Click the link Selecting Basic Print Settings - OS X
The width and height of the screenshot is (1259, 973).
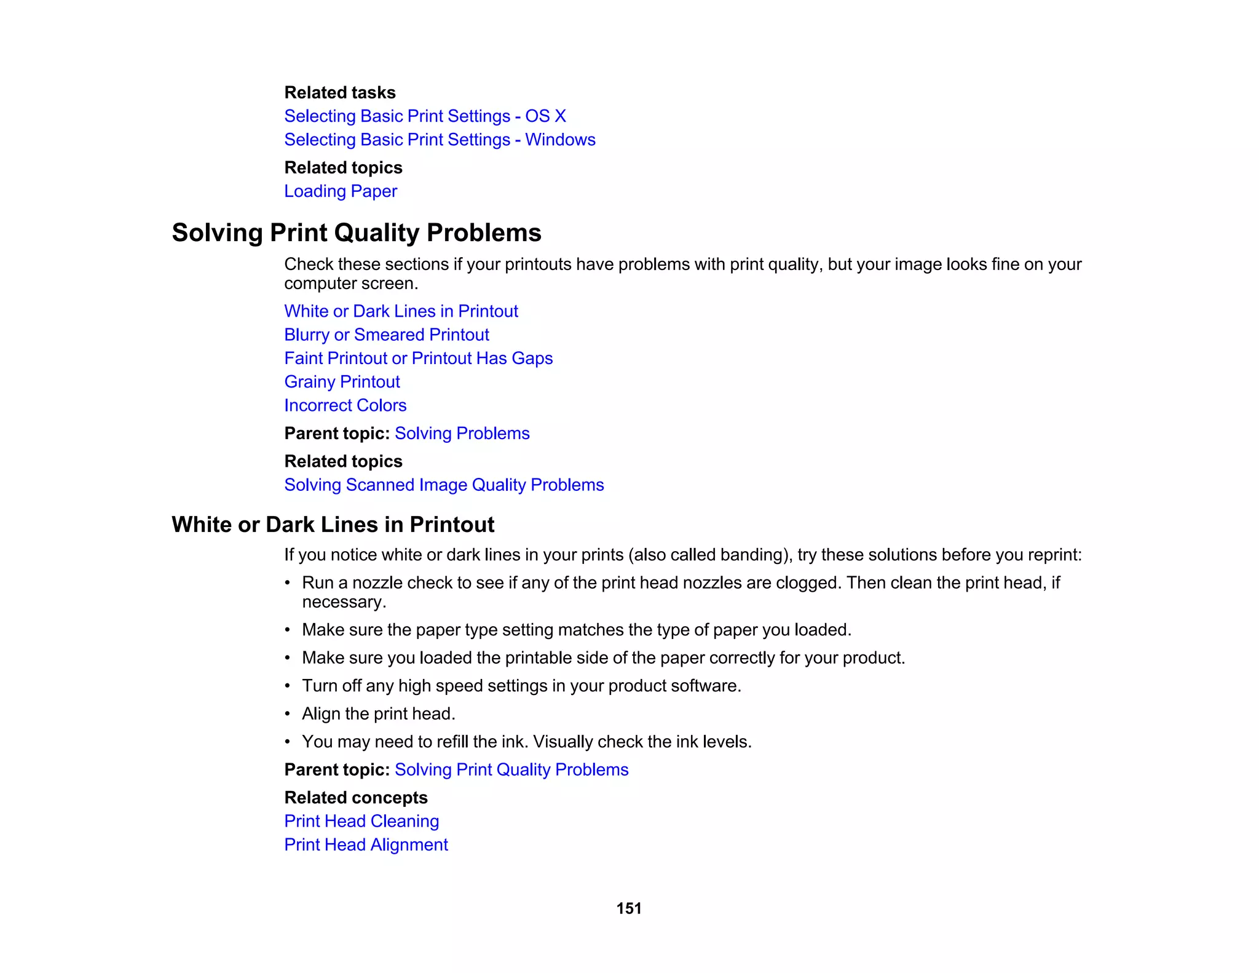click(x=425, y=116)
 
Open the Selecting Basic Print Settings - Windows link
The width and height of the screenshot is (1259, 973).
click(x=440, y=140)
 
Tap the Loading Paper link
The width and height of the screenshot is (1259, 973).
click(x=341, y=191)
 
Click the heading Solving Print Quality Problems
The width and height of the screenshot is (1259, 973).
click(x=357, y=233)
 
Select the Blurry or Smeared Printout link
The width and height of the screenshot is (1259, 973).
click(x=387, y=335)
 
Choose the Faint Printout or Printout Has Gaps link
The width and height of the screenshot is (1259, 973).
click(x=418, y=359)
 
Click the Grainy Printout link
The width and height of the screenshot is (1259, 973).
click(x=342, y=382)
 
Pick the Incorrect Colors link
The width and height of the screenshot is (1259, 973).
click(x=345, y=405)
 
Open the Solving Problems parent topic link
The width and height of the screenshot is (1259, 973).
click(x=462, y=434)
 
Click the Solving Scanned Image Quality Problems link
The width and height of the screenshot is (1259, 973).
click(x=444, y=485)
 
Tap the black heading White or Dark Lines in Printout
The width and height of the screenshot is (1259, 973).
click(x=333, y=525)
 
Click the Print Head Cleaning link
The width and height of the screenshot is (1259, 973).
click(x=361, y=821)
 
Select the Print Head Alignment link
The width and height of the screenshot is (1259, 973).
click(x=366, y=845)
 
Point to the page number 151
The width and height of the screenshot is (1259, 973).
click(x=629, y=908)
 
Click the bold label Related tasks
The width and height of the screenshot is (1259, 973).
click(x=340, y=93)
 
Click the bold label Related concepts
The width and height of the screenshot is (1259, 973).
click(x=356, y=798)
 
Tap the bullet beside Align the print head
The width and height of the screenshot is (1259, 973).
click(x=287, y=714)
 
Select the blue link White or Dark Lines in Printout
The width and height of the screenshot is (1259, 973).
click(x=401, y=311)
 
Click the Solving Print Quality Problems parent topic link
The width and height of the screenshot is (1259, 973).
click(x=511, y=770)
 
